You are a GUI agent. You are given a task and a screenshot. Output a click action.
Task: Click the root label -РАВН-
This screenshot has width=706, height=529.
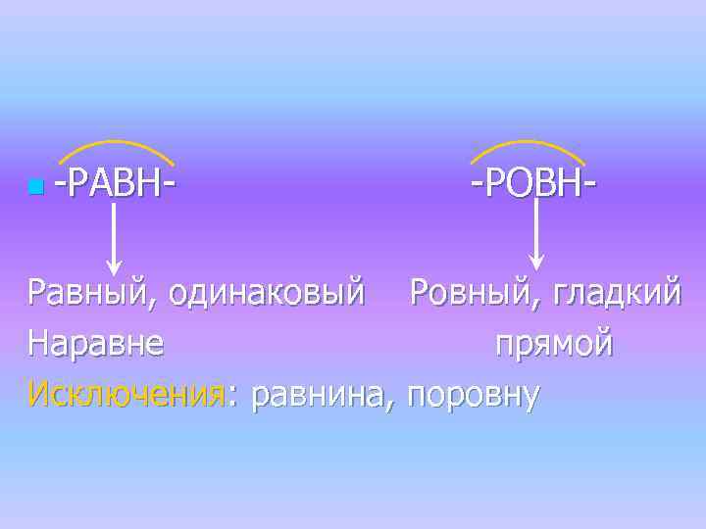coord(116,182)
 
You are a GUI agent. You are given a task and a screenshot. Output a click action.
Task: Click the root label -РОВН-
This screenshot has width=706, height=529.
coord(534,182)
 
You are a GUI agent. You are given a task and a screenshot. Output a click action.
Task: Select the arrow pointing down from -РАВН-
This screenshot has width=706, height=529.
coord(114,235)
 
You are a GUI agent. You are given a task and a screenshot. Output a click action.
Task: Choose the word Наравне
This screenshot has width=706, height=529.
coord(96,344)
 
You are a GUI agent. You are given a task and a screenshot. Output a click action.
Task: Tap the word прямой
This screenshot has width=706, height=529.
coord(554,346)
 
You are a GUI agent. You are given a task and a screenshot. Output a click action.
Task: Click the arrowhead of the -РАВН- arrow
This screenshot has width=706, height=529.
coord(114,266)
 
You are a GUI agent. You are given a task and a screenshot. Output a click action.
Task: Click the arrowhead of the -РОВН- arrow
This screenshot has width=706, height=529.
coord(536,262)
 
